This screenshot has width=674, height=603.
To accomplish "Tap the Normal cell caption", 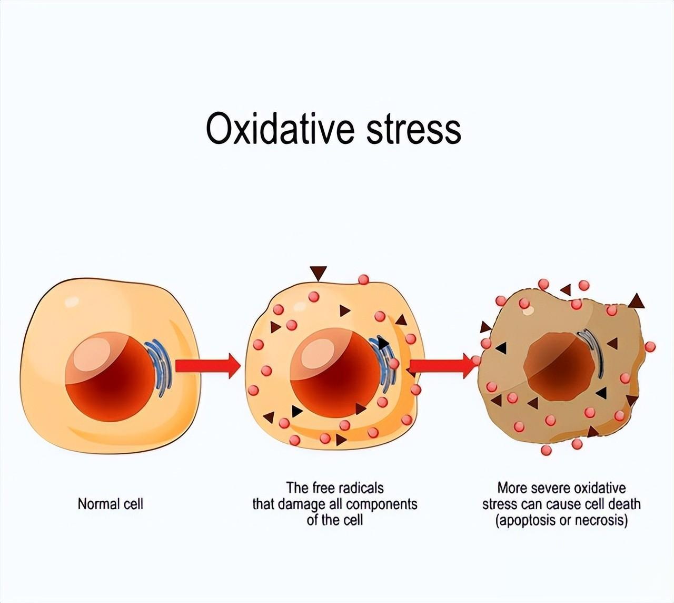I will pyautogui.click(x=111, y=504).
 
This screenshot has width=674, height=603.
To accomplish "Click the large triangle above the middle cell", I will pyautogui.click(x=318, y=274).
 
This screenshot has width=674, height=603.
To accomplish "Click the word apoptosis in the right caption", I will pyautogui.click(x=527, y=521).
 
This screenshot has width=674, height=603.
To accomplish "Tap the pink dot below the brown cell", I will pyautogui.click(x=546, y=450).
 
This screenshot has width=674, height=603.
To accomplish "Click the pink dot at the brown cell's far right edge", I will pyautogui.click(x=650, y=347).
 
